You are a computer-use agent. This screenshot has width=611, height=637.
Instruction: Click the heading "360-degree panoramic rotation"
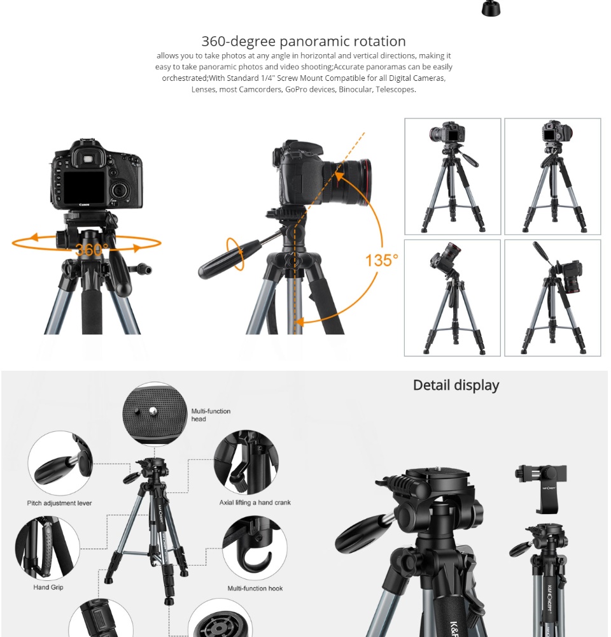click(x=304, y=41)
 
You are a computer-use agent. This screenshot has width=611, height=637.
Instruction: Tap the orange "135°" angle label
click(x=382, y=261)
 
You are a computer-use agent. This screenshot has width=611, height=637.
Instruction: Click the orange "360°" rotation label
click(x=92, y=250)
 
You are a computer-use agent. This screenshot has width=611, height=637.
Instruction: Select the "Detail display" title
click(x=456, y=385)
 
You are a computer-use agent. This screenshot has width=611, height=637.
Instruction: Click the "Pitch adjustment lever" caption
click(x=59, y=503)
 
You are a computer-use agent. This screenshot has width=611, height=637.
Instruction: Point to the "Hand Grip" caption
click(x=48, y=587)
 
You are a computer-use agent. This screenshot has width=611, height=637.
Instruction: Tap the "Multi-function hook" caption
click(x=255, y=588)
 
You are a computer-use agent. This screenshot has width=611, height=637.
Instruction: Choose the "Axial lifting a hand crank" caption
click(x=255, y=503)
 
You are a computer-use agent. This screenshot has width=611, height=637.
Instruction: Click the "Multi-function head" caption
click(x=211, y=415)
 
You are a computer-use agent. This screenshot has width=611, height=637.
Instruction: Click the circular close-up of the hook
click(x=255, y=548)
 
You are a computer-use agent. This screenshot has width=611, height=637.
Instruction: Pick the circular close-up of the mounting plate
click(x=155, y=414)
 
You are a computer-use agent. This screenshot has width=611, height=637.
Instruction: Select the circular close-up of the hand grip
click(x=48, y=548)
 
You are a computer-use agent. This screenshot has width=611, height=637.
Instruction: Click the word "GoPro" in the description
click(x=295, y=89)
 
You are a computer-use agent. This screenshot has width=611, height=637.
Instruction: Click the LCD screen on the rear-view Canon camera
click(x=83, y=187)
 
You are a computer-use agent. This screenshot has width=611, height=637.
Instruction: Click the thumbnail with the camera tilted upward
click(x=453, y=297)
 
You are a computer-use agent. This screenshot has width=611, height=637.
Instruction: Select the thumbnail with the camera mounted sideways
click(x=552, y=297)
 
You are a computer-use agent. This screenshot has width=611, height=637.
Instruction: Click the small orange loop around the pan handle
click(x=235, y=254)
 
